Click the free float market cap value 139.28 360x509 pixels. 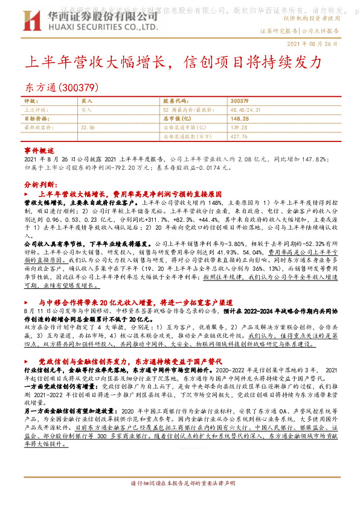(x=240, y=128)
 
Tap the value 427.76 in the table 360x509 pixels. (x=240, y=137)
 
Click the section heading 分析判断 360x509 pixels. (x=42, y=183)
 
